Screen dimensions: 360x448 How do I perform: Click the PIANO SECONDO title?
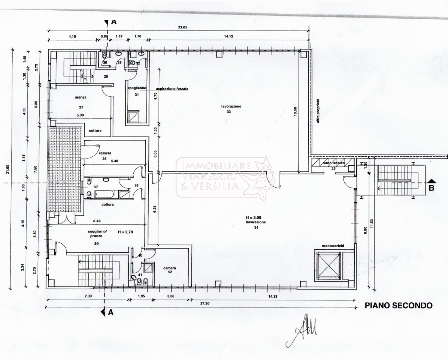(x=399, y=306)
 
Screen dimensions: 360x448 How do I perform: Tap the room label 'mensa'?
(x=81, y=97)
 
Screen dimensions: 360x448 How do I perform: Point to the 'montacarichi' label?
(x=327, y=246)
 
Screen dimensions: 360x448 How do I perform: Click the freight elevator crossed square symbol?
(x=327, y=265)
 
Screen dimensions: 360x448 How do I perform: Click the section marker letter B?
(x=431, y=188)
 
